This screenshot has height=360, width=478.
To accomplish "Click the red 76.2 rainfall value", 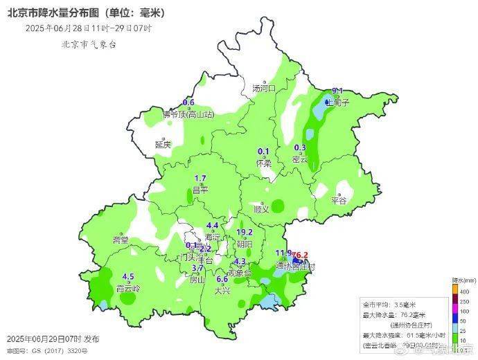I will point(301,254).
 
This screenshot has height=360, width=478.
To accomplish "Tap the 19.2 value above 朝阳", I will point(244,233).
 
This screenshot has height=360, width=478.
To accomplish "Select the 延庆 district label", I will point(163,145).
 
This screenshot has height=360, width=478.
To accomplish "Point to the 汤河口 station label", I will point(264,89).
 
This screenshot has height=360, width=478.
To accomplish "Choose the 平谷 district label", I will point(338,200).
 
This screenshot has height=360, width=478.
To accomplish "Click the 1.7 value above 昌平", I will point(200,178).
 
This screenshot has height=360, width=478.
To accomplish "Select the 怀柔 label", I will point(263,163).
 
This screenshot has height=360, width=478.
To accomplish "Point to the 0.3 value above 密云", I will point(300,147).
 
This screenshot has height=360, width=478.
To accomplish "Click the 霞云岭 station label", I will point(128,287).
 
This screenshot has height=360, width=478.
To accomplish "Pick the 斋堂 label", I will point(121,240).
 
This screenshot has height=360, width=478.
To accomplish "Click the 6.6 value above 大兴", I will point(222,279).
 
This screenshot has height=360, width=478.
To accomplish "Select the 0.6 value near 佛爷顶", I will point(188,102).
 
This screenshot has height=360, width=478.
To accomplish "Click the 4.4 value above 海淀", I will point(213,226).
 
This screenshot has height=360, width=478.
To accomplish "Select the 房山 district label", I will point(197,280).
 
